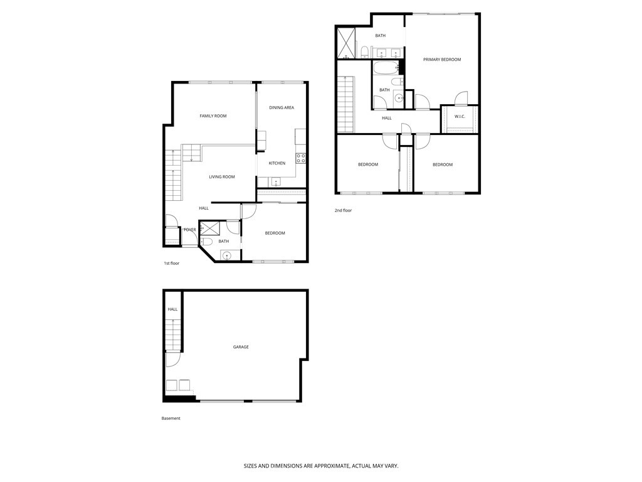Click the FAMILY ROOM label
tap(213, 116)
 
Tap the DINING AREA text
tap(282, 107)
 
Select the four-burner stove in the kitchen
tap(301, 158)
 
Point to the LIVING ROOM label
tap(222, 177)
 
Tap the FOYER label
tap(189, 230)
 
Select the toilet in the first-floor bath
tap(208, 242)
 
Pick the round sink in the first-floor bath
tap(226, 255)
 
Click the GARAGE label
tap(241, 347)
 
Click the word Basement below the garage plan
tap(171, 419)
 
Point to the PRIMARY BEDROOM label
tap(442, 60)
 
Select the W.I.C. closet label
tap(460, 116)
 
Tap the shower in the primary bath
tap(346, 43)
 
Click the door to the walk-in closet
tap(461, 99)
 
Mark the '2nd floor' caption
tap(343, 211)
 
